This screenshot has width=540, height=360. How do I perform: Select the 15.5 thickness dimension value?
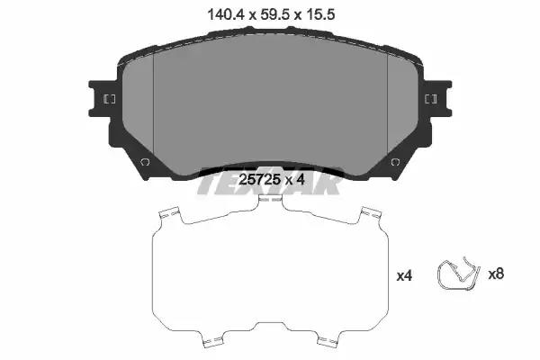319,14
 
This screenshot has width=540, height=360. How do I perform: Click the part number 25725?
260,179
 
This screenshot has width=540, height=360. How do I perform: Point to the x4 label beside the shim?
404,275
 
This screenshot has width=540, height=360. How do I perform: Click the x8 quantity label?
496,274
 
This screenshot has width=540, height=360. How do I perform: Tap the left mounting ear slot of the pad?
110,99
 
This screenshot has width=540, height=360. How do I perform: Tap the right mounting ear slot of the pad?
431,99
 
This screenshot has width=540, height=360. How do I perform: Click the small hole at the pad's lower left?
144,162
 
